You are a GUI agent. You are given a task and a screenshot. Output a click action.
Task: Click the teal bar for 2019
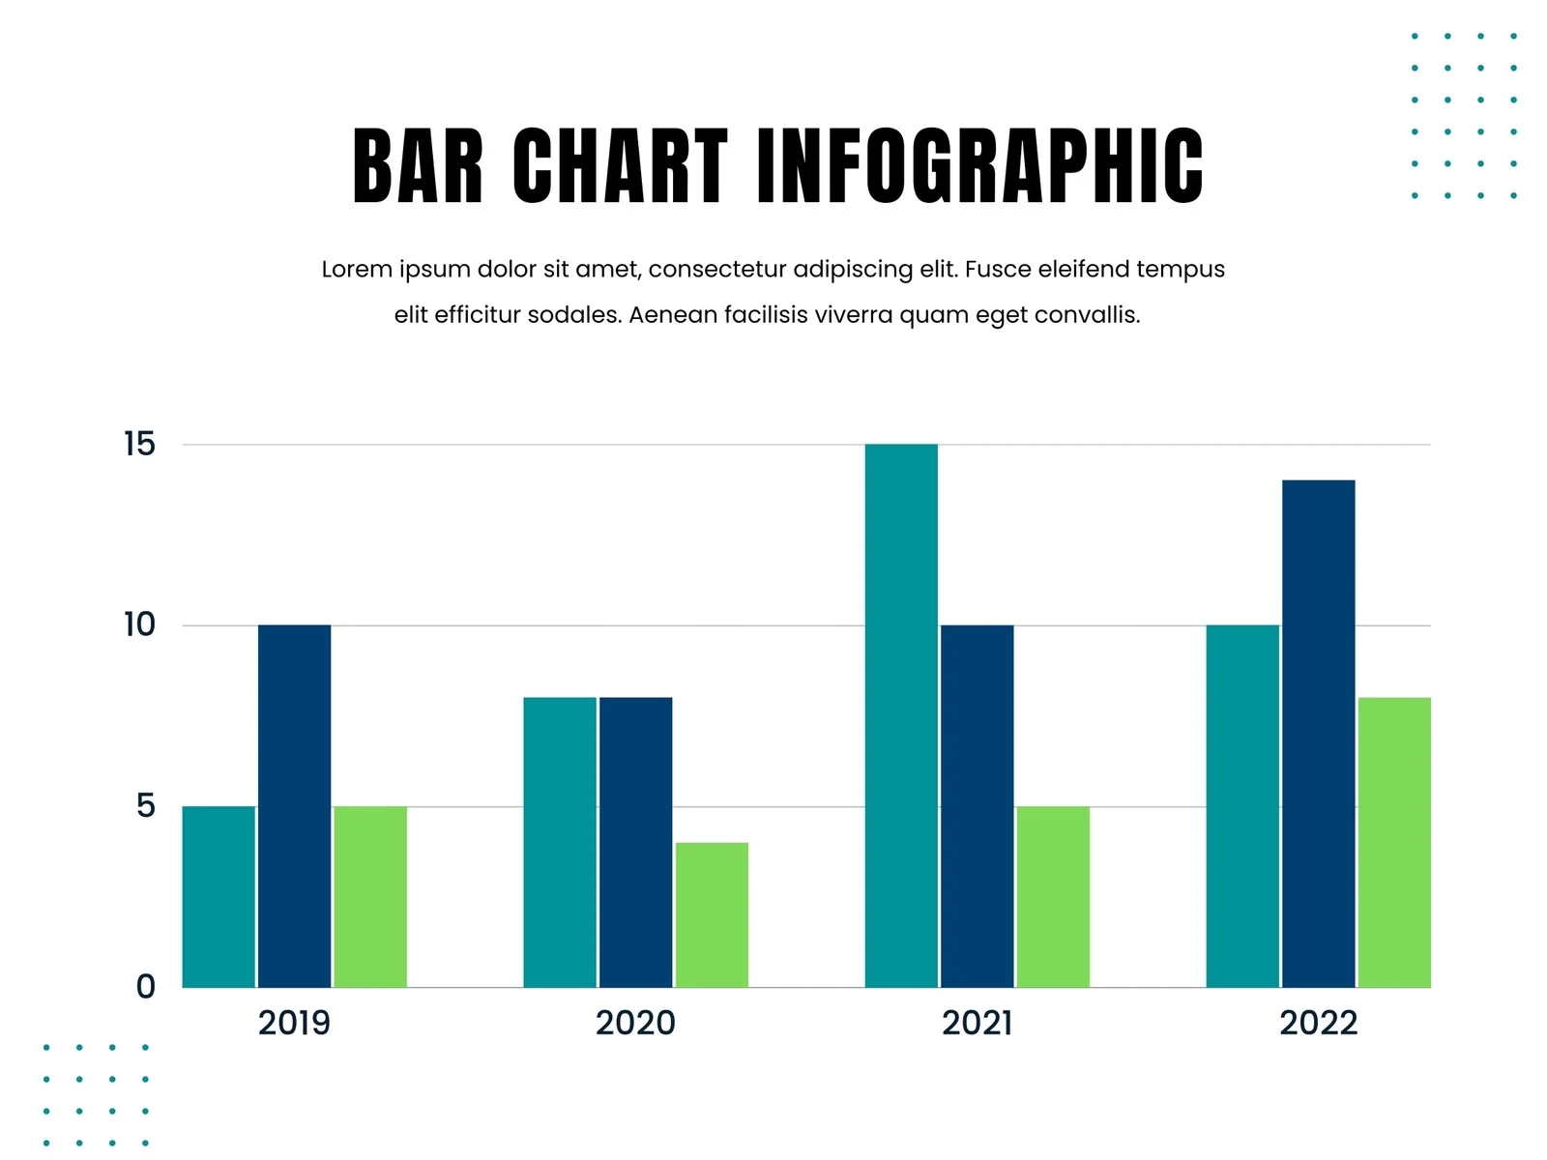(x=219, y=896)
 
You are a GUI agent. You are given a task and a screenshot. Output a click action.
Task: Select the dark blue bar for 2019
(x=294, y=805)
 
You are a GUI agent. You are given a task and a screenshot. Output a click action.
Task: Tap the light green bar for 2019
(x=370, y=896)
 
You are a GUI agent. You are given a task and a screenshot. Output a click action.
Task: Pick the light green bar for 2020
(x=712, y=914)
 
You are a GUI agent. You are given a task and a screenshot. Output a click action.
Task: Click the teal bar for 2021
(x=901, y=715)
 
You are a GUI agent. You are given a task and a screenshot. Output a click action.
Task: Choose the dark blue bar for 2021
(x=977, y=805)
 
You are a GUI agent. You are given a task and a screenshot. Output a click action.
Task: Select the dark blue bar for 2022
(x=1318, y=733)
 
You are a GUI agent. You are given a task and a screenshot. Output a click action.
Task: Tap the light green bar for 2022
(x=1394, y=842)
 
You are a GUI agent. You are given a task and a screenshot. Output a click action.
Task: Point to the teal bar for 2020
(x=560, y=842)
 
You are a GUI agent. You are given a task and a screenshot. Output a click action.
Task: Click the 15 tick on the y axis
(x=139, y=445)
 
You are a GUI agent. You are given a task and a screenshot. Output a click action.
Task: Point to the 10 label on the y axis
(x=139, y=625)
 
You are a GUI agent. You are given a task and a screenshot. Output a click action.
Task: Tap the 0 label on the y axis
(x=145, y=987)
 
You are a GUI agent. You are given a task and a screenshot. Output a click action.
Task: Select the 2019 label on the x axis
(x=294, y=1023)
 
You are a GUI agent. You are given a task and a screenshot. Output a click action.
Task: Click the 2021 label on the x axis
(x=977, y=1023)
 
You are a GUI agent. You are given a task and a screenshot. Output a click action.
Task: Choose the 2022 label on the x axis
(x=1318, y=1023)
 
